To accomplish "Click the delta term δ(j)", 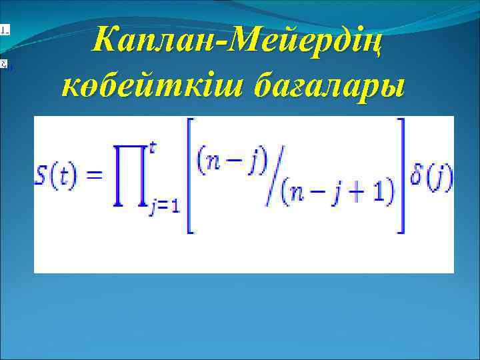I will tap(431, 177).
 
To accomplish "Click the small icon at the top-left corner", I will tap(4, 29).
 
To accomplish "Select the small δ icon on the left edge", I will tap(4, 65).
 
